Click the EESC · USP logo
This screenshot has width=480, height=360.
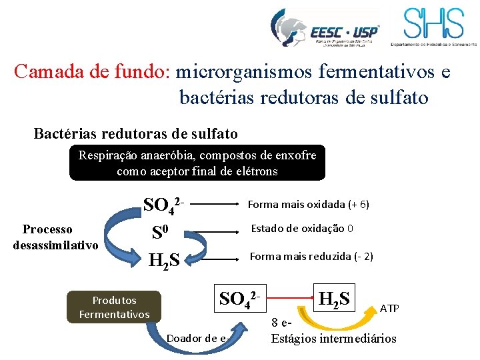[x=325, y=28]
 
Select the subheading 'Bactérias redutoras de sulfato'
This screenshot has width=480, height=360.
[x=135, y=133]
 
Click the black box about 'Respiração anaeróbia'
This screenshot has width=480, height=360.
[x=197, y=163]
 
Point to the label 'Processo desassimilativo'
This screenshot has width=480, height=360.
[x=56, y=237]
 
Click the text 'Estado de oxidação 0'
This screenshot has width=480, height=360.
[x=301, y=229]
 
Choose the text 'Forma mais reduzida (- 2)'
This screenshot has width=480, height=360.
[x=311, y=256]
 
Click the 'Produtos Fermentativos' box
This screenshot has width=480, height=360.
[x=114, y=307]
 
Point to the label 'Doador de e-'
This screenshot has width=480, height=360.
[x=198, y=339]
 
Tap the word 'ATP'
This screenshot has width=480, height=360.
[x=389, y=308]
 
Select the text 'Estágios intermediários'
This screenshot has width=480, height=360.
[x=333, y=339]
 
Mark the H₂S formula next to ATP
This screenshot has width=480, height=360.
[x=337, y=297]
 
